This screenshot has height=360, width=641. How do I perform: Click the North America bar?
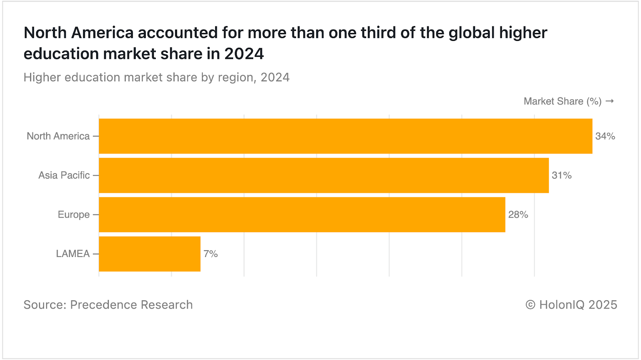pos(345,136)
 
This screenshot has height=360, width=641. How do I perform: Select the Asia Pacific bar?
pos(324,175)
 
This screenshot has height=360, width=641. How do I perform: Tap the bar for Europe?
pos(302,214)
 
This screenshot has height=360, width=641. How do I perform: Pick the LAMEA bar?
pos(149,254)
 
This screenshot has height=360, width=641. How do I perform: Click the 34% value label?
pos(605,136)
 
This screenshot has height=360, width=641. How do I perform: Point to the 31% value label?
pos(561,176)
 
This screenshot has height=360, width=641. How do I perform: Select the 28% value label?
pos(518,215)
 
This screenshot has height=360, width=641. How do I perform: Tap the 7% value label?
pos(210,254)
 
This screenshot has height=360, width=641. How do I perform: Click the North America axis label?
pos(58,136)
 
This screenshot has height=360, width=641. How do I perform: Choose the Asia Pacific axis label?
pos(64,176)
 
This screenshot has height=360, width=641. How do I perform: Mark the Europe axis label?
pos(74,215)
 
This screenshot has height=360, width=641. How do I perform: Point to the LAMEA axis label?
pos(73,254)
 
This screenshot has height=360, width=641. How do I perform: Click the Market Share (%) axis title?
pos(562,101)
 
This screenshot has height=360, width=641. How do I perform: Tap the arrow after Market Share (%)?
pos(610,101)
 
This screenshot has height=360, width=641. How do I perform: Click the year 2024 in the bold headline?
pos(244,54)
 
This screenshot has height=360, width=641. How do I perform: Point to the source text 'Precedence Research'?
pos(131,305)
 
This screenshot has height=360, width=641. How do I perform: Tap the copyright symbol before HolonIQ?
pos(530,305)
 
